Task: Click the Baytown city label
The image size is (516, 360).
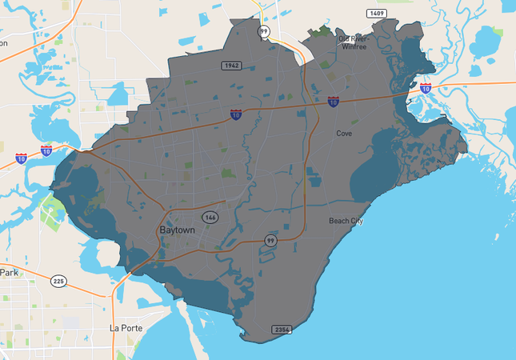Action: coord(178,230)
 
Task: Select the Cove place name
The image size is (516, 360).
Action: coord(344,134)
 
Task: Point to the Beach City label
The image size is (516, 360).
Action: coord(346,220)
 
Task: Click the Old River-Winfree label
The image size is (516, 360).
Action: coord(354,42)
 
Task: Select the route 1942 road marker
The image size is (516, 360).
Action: coord(232,66)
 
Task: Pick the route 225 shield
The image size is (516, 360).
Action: coord(59,282)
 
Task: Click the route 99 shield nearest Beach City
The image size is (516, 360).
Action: coord(271,240)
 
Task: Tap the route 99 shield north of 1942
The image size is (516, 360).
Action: coord(263,31)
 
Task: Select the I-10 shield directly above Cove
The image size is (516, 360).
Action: coord(333,102)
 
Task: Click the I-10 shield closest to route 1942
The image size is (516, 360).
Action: coord(236,115)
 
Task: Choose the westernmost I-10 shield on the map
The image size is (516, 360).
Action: coord(20,158)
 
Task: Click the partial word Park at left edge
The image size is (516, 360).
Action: coord(8,272)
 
